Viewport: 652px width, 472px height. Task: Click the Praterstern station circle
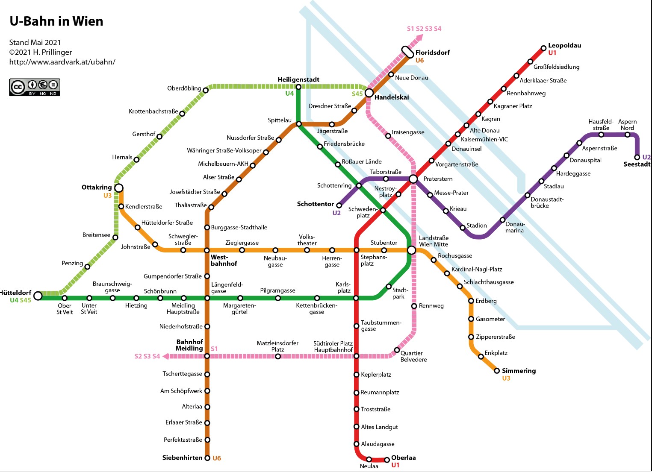tap(413, 179)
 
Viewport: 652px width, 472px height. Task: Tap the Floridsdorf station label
tap(432, 53)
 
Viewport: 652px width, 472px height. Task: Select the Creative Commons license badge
tap(35, 87)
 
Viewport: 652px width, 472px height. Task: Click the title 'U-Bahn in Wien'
tap(56, 21)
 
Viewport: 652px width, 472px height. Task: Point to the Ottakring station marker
tap(119, 188)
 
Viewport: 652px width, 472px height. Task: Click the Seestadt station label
tap(637, 164)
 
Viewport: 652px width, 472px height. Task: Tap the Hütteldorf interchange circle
tap(38, 296)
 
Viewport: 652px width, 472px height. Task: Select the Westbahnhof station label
tap(224, 260)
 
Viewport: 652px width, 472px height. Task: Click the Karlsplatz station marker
tap(356, 298)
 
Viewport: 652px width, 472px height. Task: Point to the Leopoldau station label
tap(564, 45)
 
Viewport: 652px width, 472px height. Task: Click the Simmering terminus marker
tap(497, 371)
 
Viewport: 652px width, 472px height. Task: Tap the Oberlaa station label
tap(404, 458)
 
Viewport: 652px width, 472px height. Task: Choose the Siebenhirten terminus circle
tap(207, 458)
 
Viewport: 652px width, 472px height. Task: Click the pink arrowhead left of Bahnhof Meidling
tap(165, 356)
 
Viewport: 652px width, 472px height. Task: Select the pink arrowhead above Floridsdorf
tap(419, 38)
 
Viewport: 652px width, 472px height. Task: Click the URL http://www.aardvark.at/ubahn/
tap(62, 62)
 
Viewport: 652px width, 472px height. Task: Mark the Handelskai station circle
tap(369, 93)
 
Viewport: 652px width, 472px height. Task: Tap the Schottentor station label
tap(315, 204)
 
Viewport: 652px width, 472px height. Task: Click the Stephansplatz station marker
tap(356, 250)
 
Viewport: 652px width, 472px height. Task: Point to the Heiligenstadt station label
tap(298, 80)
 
